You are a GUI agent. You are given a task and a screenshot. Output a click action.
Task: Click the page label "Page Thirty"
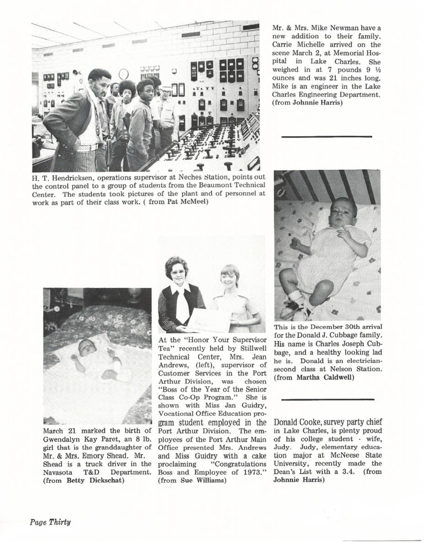(50, 522)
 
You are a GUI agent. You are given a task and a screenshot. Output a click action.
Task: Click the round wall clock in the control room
(123, 74)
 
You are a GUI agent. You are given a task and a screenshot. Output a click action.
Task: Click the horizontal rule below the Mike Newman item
(327, 136)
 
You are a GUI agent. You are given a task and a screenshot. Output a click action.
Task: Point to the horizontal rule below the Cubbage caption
(328, 399)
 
